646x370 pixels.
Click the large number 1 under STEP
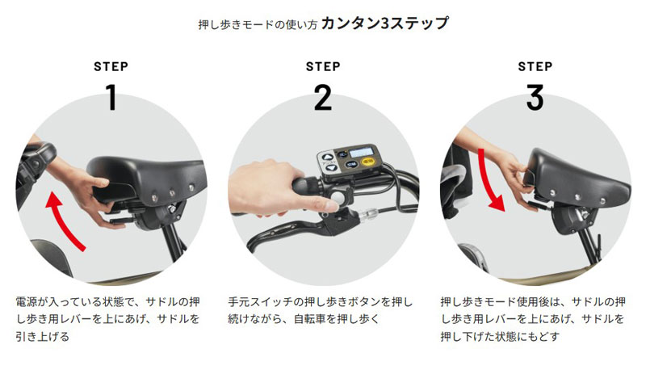[111, 97]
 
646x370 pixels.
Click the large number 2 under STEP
[323, 97]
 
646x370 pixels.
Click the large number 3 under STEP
[535, 97]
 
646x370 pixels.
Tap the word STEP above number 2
[323, 66]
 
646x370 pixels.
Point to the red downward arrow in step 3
[488, 181]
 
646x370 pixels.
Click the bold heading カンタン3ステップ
[385, 23]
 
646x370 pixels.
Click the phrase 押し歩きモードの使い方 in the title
[258, 25]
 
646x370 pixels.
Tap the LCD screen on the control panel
[362, 152]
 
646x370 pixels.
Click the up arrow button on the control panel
[327, 158]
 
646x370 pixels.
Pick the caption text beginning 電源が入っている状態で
[108, 319]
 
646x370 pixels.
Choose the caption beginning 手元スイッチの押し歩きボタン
[320, 310]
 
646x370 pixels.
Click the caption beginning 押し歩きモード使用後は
[533, 319]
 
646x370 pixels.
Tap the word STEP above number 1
[111, 66]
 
